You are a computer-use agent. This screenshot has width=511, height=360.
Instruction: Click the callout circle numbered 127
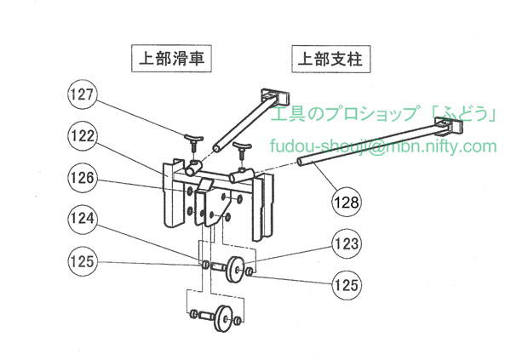click(85, 96)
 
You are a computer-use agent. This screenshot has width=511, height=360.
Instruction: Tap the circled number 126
click(85, 179)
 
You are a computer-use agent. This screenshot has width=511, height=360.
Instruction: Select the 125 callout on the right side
click(345, 280)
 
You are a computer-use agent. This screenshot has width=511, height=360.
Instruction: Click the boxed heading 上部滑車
click(171, 60)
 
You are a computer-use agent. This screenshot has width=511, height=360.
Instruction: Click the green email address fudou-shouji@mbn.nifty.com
click(382, 146)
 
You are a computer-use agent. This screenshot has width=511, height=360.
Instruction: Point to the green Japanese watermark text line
click(382, 114)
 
